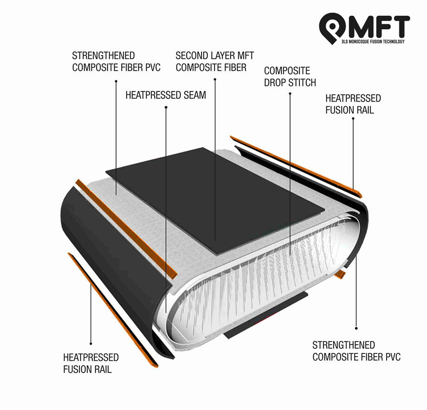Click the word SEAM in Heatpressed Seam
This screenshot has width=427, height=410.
click(195, 95)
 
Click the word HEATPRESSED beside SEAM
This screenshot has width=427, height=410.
click(153, 95)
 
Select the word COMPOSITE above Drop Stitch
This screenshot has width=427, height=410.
click(287, 71)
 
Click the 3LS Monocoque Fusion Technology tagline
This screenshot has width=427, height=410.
click(373, 41)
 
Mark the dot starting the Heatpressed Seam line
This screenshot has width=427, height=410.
click(166, 107)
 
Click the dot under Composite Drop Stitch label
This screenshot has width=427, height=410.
click(290, 94)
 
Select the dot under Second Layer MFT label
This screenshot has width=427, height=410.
click(215, 79)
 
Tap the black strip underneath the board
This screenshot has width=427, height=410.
click(265, 315)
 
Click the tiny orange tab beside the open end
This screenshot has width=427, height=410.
click(340, 274)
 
